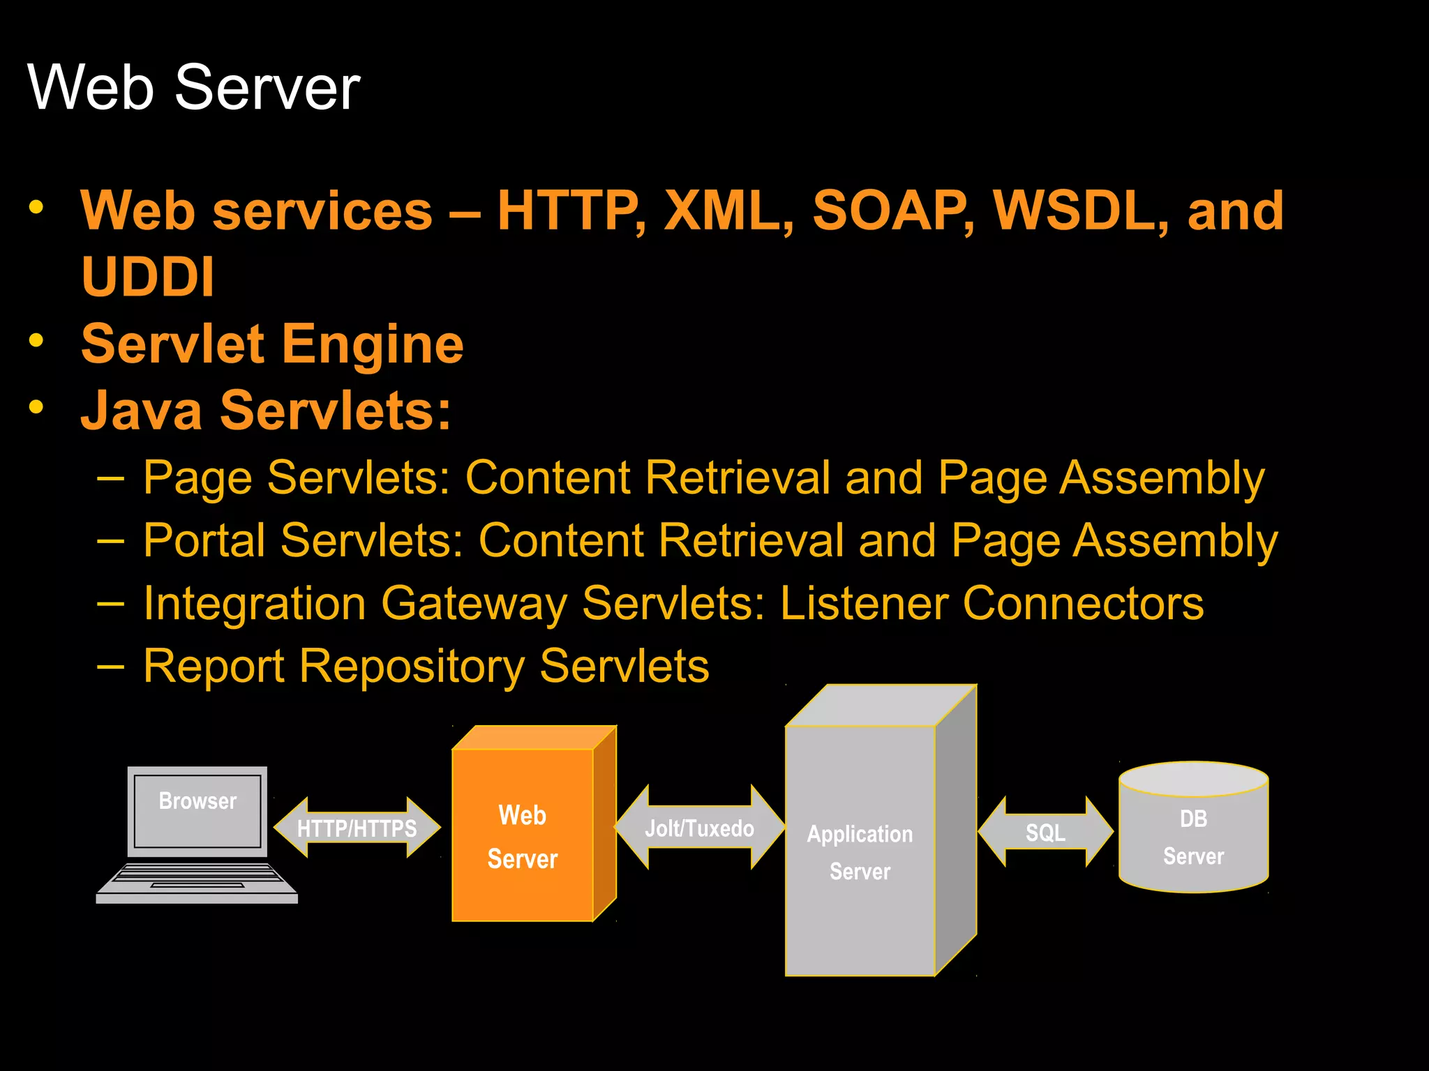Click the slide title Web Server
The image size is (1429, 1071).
click(x=193, y=87)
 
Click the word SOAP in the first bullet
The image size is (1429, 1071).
click(x=892, y=211)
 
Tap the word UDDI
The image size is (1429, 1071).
click(x=147, y=277)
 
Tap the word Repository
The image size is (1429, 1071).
click(x=412, y=667)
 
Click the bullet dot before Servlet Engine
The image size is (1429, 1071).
click(x=36, y=340)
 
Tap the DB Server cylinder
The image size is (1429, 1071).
click(x=1193, y=837)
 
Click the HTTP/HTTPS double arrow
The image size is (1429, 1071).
click(x=357, y=828)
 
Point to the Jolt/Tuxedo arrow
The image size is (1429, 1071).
click(x=699, y=828)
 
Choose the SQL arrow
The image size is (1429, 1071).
click(x=1045, y=832)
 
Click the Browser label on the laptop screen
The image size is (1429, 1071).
click(x=197, y=800)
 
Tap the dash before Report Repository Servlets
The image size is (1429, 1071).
click(x=110, y=667)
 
